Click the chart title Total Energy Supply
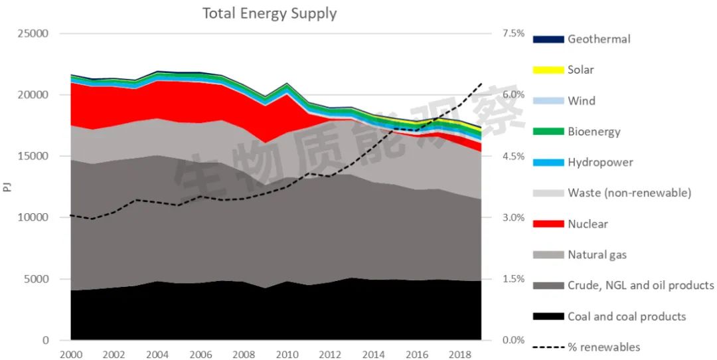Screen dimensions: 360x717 click(270, 13)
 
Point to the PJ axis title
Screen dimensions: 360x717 click(7, 187)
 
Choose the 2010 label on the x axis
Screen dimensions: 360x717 click(287, 355)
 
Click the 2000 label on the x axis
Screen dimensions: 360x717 click(71, 355)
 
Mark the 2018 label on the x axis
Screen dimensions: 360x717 click(459, 355)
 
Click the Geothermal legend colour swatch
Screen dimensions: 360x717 click(548, 39)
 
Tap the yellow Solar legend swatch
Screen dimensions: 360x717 click(548, 70)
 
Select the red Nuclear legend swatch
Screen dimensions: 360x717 click(548, 224)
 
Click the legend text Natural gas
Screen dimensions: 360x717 click(597, 255)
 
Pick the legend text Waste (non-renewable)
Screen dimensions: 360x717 click(629, 193)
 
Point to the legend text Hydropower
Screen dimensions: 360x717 click(600, 163)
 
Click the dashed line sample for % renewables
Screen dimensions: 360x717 click(548, 347)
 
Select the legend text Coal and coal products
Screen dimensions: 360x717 click(627, 317)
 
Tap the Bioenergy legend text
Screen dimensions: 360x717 click(594, 132)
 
